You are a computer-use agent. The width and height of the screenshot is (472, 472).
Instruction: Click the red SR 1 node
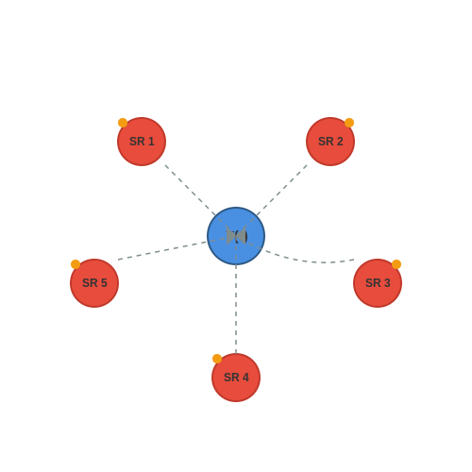[142, 142]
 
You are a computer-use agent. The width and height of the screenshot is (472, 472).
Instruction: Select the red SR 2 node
[330, 142]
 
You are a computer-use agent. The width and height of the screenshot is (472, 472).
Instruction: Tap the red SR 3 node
[378, 283]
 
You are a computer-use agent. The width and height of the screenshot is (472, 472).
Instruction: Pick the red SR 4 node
[236, 378]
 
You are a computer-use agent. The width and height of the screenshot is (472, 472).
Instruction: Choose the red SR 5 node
[94, 283]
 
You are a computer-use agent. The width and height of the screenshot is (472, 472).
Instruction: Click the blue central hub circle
[236, 236]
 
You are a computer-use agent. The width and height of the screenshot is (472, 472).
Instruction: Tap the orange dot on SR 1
[123, 123]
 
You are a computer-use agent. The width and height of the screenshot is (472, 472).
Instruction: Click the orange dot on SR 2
[349, 123]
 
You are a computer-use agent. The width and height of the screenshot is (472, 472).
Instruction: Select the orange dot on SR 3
[396, 264]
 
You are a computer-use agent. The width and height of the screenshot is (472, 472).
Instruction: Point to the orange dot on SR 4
[217, 359]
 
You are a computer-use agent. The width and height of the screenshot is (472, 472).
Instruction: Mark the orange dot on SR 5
[76, 264]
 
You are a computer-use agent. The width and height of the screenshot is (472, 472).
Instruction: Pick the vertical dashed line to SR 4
[236, 295]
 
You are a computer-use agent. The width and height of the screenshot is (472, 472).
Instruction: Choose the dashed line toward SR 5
[177, 248]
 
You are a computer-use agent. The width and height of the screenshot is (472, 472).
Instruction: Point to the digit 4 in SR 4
[245, 378]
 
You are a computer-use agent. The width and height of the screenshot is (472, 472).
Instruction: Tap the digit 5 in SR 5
[104, 283]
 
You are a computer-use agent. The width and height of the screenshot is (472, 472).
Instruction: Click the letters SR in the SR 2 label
[326, 142]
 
